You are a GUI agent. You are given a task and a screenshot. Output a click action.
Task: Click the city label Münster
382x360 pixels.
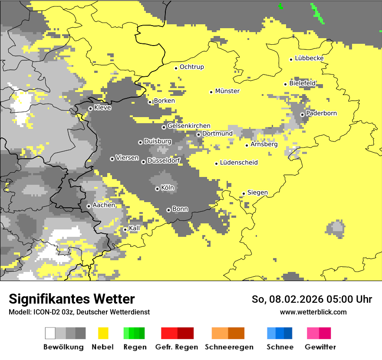click(x=227, y=91)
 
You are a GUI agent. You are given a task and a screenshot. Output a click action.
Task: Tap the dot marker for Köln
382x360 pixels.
click(x=157, y=189)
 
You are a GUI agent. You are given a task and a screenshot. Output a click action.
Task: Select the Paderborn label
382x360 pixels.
click(x=321, y=113)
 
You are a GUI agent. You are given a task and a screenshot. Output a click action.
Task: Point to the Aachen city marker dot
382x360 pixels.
click(x=89, y=206)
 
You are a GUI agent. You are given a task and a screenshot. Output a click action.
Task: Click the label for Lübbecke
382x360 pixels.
click(x=309, y=58)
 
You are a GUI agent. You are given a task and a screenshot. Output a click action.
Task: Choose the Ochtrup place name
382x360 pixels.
click(x=191, y=67)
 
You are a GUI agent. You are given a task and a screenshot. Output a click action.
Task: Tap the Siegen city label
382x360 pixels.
click(x=257, y=193)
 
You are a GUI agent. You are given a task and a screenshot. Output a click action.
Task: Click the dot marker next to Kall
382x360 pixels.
click(x=125, y=229)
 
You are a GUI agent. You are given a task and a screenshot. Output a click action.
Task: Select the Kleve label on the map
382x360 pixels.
click(x=102, y=108)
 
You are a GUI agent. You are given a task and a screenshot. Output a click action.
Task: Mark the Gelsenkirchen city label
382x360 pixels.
click(x=189, y=126)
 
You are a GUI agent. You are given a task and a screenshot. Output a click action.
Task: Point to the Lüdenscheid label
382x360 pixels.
click(x=239, y=163)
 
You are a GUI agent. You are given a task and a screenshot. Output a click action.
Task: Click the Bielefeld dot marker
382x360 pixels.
click(x=285, y=84)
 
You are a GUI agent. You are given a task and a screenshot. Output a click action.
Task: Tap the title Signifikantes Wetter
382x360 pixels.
click(x=72, y=299)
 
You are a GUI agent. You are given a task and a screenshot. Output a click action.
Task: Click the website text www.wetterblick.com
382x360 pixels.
click(x=313, y=312)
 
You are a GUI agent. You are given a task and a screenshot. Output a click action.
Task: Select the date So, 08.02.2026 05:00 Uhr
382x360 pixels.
click(x=312, y=299)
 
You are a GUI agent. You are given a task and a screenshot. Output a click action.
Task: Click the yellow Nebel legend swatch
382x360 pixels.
click(x=103, y=333)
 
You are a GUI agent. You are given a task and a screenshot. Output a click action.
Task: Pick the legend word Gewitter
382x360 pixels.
click(x=320, y=347)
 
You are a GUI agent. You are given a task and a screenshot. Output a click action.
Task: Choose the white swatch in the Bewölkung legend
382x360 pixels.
click(x=50, y=333)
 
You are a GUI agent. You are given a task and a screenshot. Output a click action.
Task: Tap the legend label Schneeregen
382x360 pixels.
click(x=229, y=347)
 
